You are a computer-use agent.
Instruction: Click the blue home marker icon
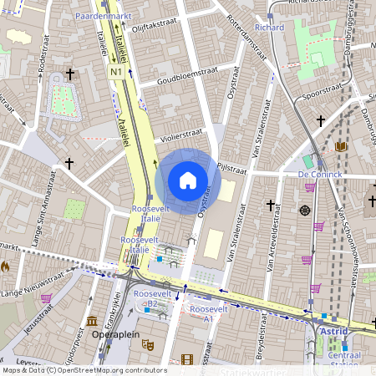point(188,180)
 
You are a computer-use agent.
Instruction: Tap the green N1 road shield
point(115,73)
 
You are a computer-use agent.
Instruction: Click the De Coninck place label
point(319,174)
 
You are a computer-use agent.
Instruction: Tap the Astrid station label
point(334,331)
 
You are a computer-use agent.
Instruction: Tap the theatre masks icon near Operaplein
point(147,343)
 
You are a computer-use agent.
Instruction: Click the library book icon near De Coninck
point(341,146)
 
